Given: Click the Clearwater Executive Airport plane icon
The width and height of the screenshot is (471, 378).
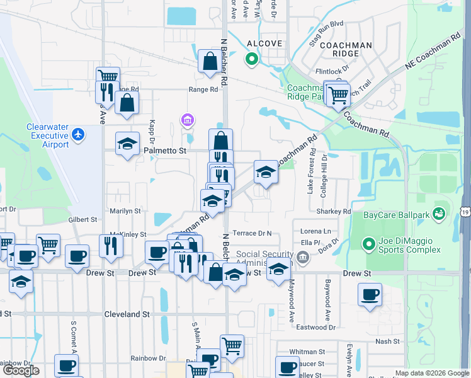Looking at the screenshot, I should pos(77,134).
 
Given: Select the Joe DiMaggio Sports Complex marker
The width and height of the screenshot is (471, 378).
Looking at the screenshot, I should pos(369,243).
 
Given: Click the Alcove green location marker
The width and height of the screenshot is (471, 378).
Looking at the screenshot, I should pos(251,60).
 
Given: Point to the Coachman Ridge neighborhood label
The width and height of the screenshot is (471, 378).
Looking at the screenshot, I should pos(345,49).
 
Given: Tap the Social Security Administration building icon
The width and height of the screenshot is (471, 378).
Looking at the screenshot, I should pos(303,257).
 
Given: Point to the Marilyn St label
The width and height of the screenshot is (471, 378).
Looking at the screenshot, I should pos(127,212).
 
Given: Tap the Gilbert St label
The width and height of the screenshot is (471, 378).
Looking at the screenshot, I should pos(83,220).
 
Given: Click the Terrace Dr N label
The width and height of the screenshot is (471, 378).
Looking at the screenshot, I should pos(252,233).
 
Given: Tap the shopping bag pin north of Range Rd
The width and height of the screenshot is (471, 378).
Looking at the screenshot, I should pos(209,61).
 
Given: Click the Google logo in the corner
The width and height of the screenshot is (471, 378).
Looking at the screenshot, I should pos(21,370).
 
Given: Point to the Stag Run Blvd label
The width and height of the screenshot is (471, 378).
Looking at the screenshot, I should pos(327,24).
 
